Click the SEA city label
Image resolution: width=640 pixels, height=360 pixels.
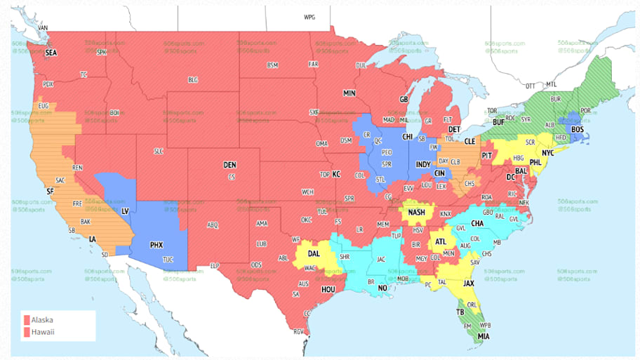pos(51,53)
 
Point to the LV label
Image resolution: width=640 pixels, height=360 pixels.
pos(125,211)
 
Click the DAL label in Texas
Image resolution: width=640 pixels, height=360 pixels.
pos(313,254)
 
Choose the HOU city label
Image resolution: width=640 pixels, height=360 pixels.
pos(328,288)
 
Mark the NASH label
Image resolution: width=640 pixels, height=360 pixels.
pos(417,212)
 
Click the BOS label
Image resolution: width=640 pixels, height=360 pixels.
pos(578,129)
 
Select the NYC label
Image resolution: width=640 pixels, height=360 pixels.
pos(547,152)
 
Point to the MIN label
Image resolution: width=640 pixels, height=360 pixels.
pos(349,93)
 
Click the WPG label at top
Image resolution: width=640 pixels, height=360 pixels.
pos(309,16)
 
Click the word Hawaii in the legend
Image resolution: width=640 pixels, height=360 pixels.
pos(42,332)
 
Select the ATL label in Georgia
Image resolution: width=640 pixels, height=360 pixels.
pos(440,241)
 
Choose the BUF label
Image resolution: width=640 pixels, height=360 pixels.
pos(499,121)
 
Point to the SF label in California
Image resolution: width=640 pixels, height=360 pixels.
pos(50,191)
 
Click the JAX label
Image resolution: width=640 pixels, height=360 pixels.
pos(469,283)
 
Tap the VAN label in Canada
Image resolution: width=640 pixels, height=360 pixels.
pos(42,28)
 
